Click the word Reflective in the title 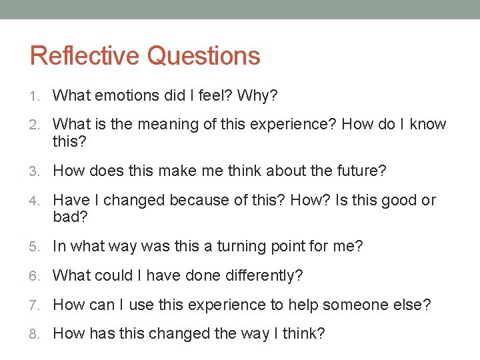(x=85, y=55)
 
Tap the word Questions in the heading (x=203, y=56)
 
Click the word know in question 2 (x=427, y=124)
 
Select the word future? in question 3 (x=361, y=171)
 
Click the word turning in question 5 (x=239, y=247)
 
